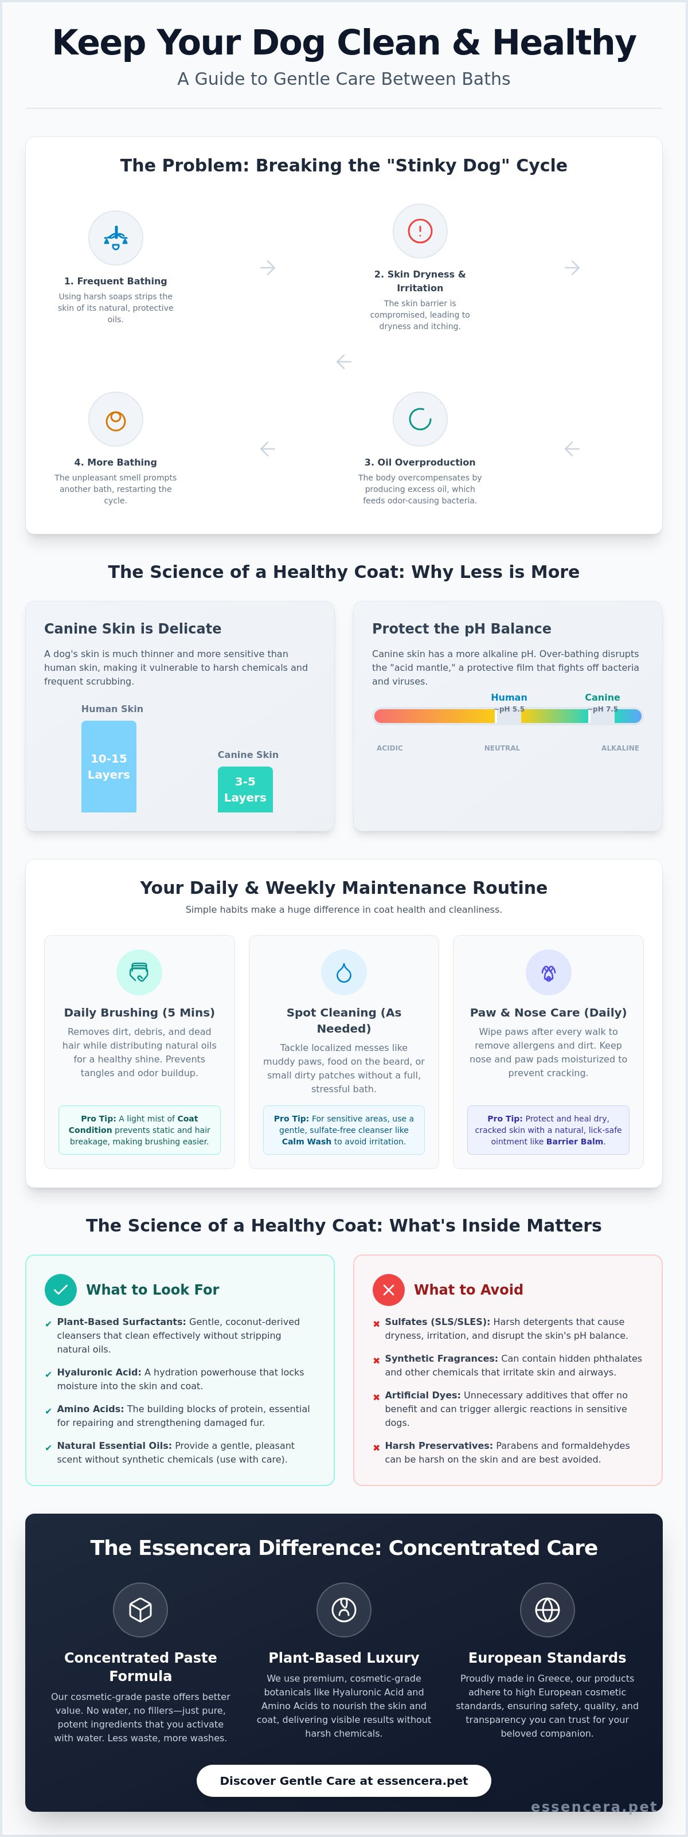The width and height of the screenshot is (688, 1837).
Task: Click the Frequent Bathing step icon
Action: (x=115, y=237)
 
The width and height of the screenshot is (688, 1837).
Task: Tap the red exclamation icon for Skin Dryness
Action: (x=420, y=231)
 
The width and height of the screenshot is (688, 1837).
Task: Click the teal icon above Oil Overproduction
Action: (x=420, y=419)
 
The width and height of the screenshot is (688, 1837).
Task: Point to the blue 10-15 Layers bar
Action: (x=108, y=767)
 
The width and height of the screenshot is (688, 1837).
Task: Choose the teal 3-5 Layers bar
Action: (x=245, y=789)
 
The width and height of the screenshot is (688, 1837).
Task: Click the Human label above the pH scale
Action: (x=509, y=697)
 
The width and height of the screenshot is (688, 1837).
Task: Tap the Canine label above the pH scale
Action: (x=603, y=697)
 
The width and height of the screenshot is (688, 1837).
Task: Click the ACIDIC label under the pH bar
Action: (x=390, y=748)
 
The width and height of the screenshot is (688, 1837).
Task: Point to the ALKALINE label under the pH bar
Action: (x=620, y=748)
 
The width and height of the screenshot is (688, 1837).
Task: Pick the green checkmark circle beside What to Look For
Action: (x=61, y=1289)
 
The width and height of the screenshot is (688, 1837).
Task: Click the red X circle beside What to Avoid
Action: (x=389, y=1289)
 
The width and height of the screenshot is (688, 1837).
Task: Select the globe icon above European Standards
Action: (x=548, y=1610)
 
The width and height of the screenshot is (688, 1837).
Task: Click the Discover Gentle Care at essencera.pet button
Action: (x=343, y=1781)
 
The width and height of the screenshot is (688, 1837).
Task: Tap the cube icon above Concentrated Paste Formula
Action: (x=140, y=1610)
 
